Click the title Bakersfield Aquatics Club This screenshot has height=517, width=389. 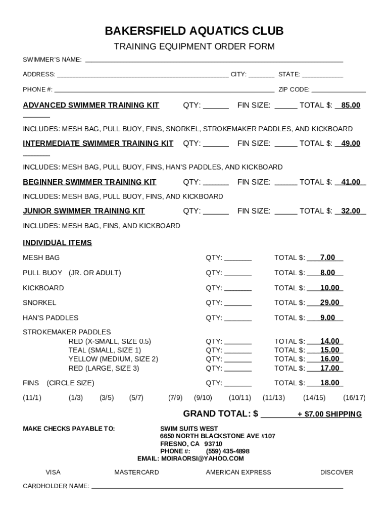pos(194,31)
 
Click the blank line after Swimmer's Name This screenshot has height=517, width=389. pos(214,60)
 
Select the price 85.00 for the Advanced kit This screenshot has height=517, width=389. pos(350,106)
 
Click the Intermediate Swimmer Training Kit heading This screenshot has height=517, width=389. pos(98,143)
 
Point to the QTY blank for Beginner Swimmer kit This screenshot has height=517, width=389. pos(216,182)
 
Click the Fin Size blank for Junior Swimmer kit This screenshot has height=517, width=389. pos(286,211)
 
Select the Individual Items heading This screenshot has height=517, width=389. pos(57,243)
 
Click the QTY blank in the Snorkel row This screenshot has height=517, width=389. pos(237,303)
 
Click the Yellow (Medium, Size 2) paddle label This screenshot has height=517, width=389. pos(113,359)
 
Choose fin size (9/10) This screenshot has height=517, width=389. pos(203,398)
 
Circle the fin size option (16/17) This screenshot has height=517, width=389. pos(354,398)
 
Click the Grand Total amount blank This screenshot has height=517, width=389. pos(278,415)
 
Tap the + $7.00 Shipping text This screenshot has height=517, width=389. pos(329,415)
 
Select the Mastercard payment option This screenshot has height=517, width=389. pos(136,473)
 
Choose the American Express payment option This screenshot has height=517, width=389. pos(238,473)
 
